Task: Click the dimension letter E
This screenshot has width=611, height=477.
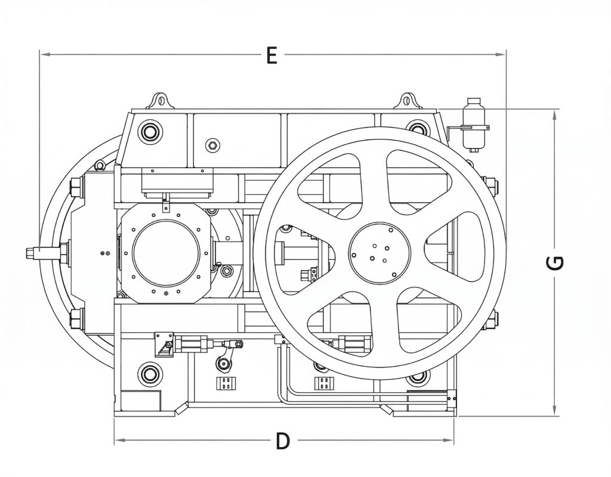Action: click(x=271, y=55)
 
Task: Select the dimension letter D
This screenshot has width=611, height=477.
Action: click(x=283, y=442)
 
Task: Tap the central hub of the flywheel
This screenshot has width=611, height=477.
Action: click(x=378, y=252)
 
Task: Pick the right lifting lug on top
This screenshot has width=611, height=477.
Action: click(x=409, y=101)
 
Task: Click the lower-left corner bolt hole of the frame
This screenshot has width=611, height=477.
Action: click(x=149, y=374)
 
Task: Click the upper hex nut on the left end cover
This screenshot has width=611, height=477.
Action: click(x=76, y=188)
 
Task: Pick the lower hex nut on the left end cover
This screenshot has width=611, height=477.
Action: click(x=76, y=318)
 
